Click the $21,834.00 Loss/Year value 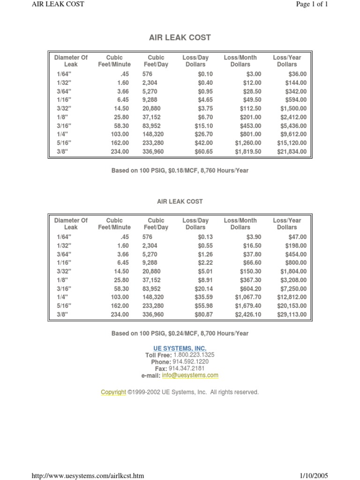[290, 152]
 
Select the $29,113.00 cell [290, 315]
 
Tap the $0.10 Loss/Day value [205, 74]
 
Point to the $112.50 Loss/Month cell [249, 109]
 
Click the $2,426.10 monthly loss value [248, 315]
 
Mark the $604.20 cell [251, 289]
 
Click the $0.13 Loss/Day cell [205, 237]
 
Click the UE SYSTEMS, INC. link [180, 348]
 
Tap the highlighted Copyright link [113, 392]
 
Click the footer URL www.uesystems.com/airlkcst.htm [87, 476]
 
